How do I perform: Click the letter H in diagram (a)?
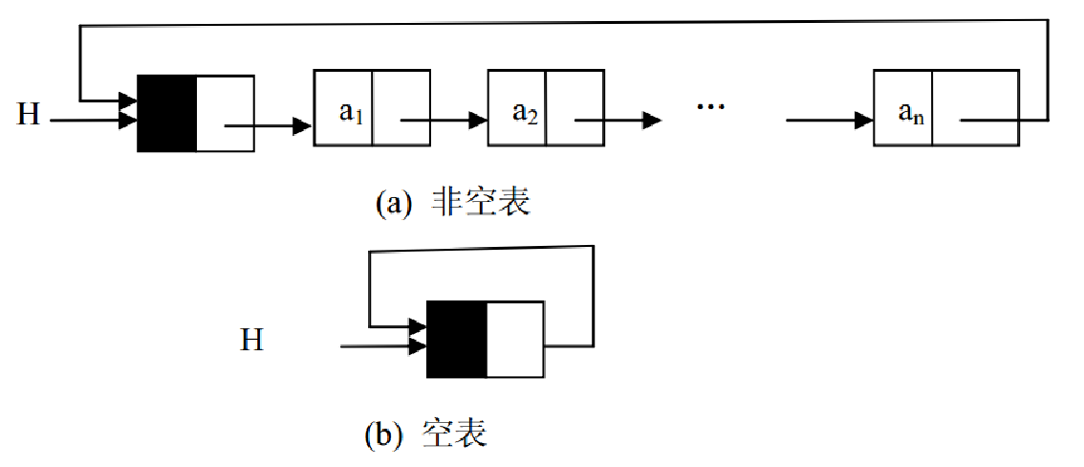tap(29, 114)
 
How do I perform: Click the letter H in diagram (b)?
tap(251, 340)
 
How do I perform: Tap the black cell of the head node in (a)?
tap(167, 113)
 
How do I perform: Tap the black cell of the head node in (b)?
tap(457, 339)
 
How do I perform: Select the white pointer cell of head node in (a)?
tap(226, 113)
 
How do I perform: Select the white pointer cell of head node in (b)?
tap(515, 339)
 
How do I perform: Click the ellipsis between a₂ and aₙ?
tap(710, 107)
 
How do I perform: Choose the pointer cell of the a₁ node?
tap(401, 107)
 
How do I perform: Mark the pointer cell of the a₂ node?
tap(575, 107)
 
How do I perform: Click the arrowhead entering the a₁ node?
tap(302, 126)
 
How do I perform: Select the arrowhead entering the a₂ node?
tap(478, 120)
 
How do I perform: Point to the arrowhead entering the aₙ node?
tap(863, 120)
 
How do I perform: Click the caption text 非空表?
tap(481, 203)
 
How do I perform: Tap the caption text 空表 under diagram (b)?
tap(455, 434)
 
